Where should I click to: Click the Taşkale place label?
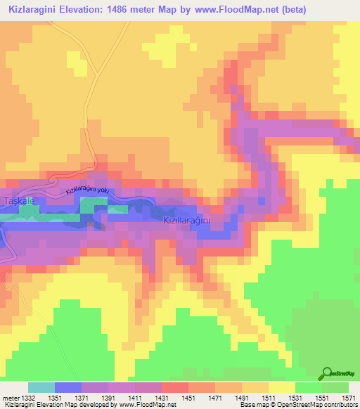pyautogui.click(x=15, y=201)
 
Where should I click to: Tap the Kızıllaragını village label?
pyautogui.click(x=187, y=221)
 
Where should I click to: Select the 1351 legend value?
pyautogui.click(x=55, y=397)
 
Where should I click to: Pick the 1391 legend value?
pyautogui.click(x=108, y=397)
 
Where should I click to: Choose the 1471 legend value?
pyautogui.click(x=215, y=397)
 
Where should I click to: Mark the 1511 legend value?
pyautogui.click(x=269, y=397)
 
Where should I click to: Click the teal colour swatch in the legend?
pyautogui.click(x=41, y=387)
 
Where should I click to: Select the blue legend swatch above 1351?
pyautogui.click(x=68, y=387)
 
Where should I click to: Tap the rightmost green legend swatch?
pyautogui.click(x=335, y=387)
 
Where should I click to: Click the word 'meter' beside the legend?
pyautogui.click(x=11, y=397)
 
